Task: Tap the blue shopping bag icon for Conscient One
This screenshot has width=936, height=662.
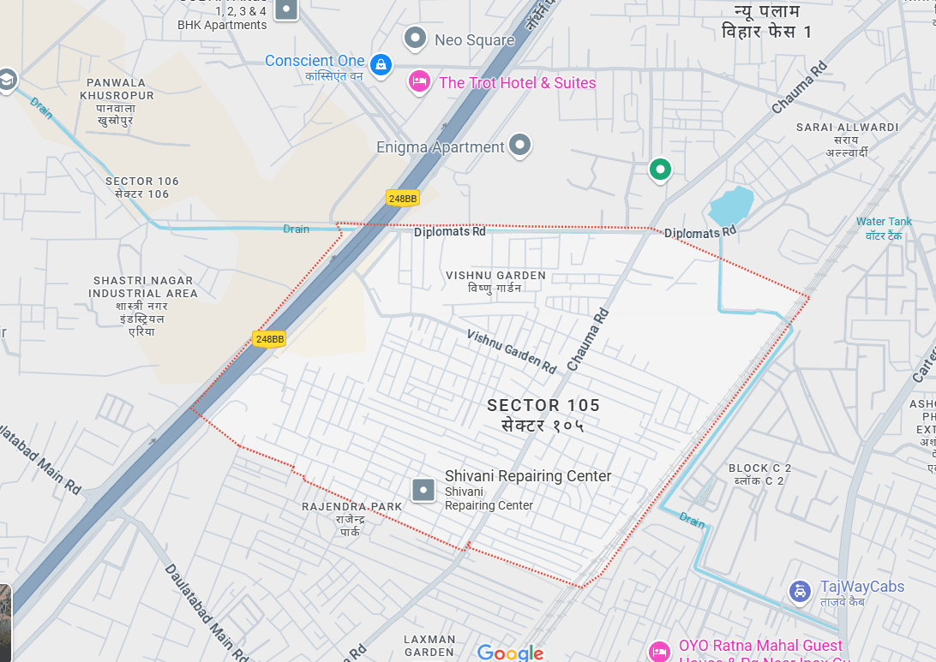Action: [381, 63]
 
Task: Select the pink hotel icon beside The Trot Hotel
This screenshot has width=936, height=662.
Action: [419, 81]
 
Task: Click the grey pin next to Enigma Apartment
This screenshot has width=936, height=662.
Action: [519, 145]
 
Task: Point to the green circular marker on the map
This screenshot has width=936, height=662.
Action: [659, 169]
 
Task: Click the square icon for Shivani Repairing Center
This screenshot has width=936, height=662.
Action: [423, 490]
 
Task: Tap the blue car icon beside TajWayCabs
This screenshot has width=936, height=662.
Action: [800, 591]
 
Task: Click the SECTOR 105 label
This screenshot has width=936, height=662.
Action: [543, 405]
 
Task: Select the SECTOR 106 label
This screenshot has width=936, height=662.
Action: [142, 182]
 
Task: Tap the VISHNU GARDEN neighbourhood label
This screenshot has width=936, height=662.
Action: [495, 276]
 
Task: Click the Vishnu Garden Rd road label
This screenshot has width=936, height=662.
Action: [511, 351]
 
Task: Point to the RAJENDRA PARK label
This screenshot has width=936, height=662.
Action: [351, 507]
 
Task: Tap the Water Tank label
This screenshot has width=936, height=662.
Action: [884, 222]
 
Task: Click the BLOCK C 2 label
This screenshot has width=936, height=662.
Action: [759, 468]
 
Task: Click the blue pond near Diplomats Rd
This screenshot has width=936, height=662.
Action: [731, 206]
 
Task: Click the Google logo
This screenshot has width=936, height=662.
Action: [510, 653]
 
